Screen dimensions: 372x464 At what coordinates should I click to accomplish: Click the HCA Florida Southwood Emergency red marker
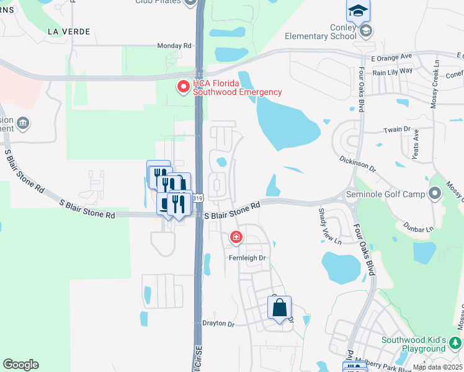coord(184,87)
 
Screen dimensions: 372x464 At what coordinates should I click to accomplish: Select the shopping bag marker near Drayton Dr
coord(279,308)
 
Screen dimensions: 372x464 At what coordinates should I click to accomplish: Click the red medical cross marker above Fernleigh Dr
coord(236,237)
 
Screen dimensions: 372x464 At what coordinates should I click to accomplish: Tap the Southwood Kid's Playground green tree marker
coord(456,342)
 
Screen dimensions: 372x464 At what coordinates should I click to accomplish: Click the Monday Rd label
coord(174,46)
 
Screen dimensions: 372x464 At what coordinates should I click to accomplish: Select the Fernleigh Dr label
coord(247,258)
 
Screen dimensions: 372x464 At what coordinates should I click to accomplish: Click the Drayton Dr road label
coord(218,324)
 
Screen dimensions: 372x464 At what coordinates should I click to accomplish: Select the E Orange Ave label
coord(391,56)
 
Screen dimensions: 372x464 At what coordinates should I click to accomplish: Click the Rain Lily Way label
coord(393,71)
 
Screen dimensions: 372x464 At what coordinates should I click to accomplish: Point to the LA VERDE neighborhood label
coord(69,31)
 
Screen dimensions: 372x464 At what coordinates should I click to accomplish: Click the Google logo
coord(20,365)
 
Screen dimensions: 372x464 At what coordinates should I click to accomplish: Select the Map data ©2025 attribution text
coord(437,367)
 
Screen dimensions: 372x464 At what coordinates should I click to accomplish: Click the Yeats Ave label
coord(416,144)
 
